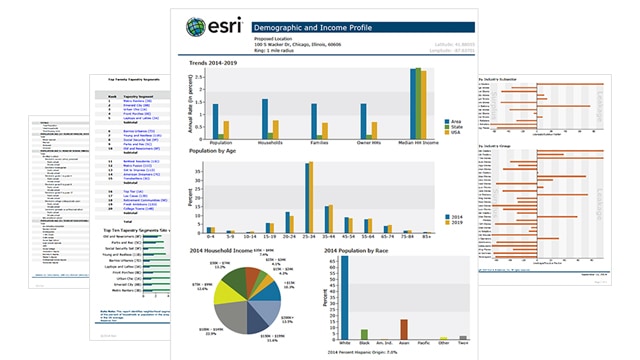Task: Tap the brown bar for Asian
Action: tap(403, 330)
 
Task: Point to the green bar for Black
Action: tap(364, 335)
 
